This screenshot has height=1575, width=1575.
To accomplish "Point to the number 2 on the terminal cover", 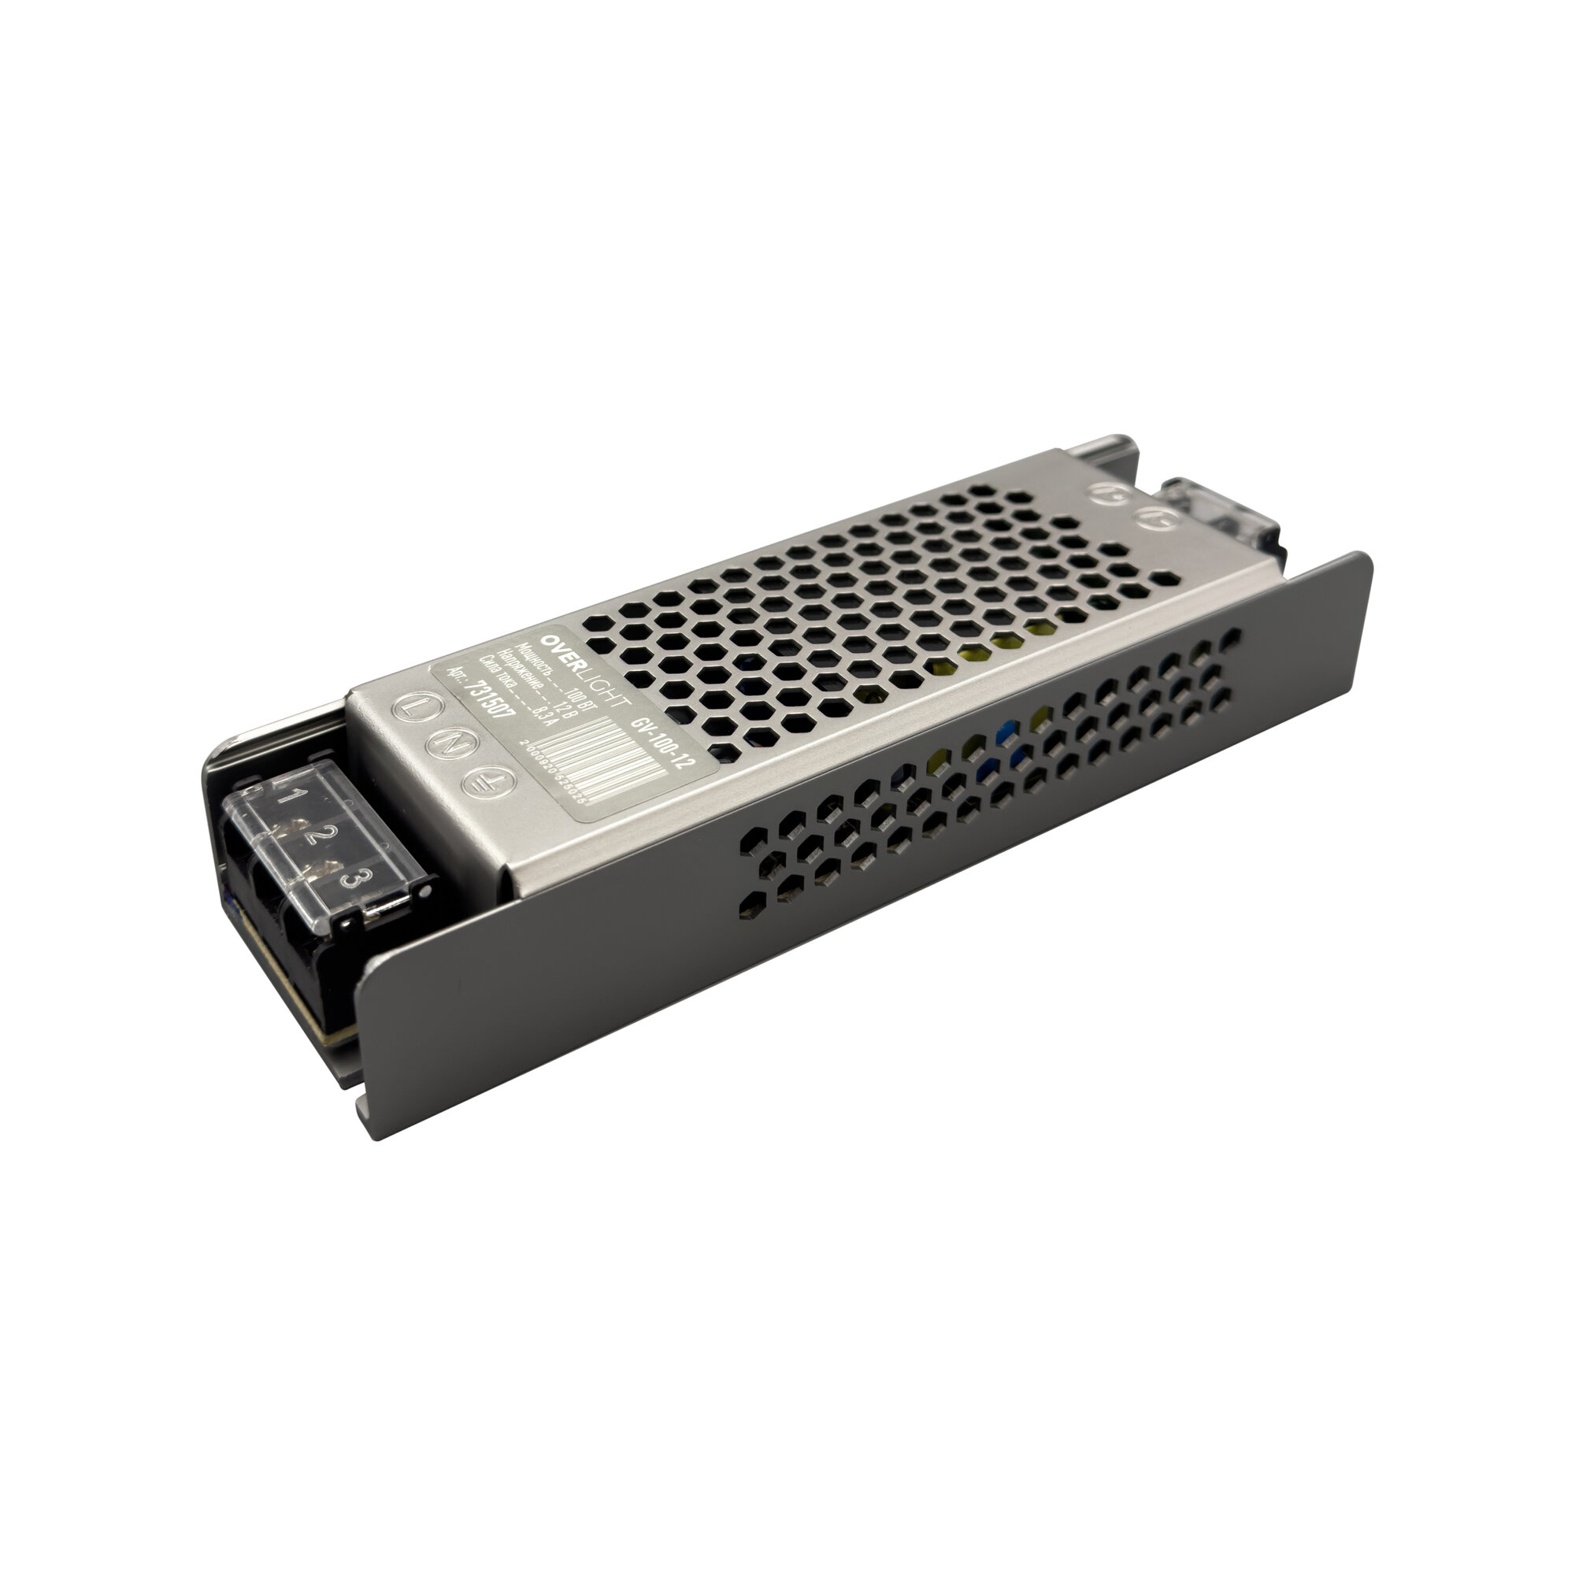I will tap(320, 835).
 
